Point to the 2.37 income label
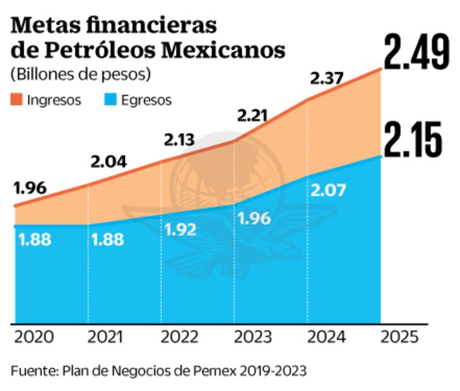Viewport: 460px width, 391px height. tap(326, 79)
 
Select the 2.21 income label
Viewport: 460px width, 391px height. tap(252, 115)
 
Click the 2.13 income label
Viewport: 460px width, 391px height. tap(180, 139)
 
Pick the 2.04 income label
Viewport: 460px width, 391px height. tap(109, 161)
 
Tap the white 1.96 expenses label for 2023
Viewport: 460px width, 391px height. tap(255, 219)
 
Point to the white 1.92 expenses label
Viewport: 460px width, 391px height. tap(182, 229)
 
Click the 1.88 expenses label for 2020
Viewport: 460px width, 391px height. tap(35, 240)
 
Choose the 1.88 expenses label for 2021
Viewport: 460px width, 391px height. tap(107, 240)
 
